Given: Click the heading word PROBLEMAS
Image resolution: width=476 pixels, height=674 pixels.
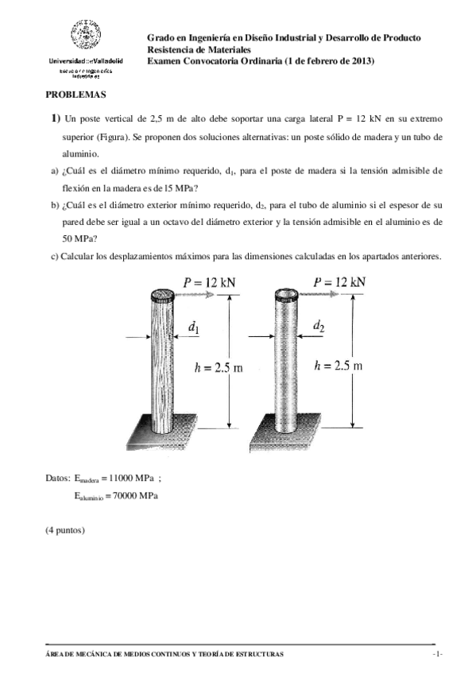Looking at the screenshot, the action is point(75,94).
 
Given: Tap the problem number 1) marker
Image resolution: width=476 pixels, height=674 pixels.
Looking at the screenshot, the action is point(56,118).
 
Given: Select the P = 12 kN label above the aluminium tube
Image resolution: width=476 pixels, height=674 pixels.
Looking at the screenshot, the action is point(339,282).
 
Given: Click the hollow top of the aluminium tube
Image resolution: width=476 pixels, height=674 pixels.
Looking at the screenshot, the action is point(285,294).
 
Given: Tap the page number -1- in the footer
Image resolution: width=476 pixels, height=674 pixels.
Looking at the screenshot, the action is point(436,653).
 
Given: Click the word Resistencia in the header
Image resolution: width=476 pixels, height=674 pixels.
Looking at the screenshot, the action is point(170,49).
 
